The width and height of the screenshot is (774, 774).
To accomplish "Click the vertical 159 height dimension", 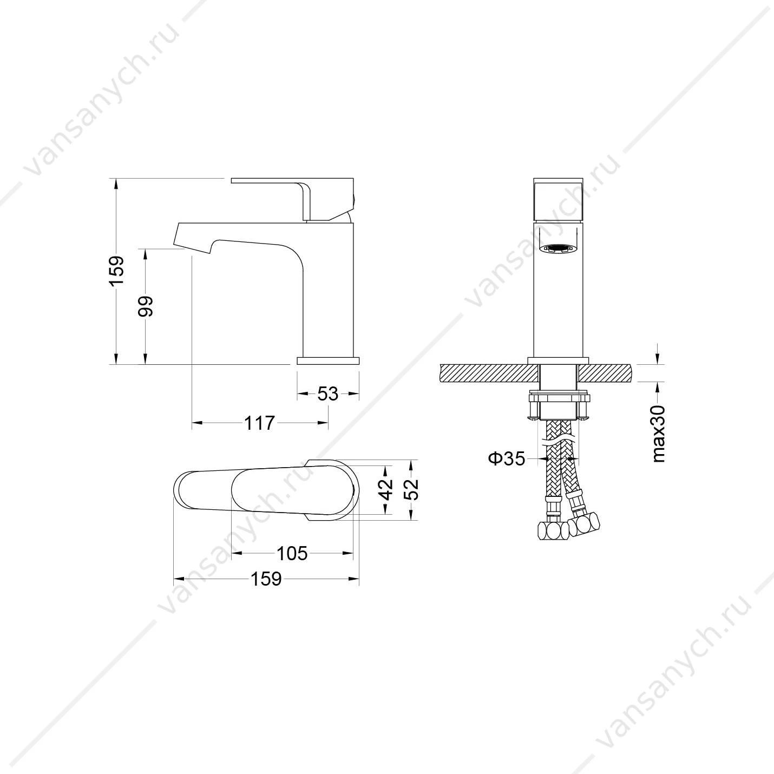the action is [x=117, y=271].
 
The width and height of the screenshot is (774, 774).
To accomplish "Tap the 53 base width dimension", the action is [x=328, y=394].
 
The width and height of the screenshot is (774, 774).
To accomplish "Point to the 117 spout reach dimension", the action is [x=260, y=423].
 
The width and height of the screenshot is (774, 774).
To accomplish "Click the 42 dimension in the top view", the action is [x=385, y=489].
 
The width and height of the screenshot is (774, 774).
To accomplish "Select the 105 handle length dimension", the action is [x=292, y=554].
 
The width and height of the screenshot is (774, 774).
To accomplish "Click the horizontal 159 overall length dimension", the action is [x=266, y=579].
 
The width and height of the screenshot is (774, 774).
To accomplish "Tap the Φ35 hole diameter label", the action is [x=507, y=458].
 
